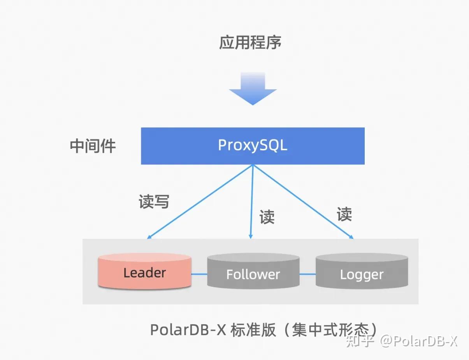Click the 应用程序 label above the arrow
pos(250,42)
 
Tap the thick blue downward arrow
pos(253,89)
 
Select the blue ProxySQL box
pos(253,146)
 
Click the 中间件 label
pos(93,146)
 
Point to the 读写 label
pos(154,201)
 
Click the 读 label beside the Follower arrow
pos(267,217)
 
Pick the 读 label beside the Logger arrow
pos(344,214)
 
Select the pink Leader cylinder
pos(144,272)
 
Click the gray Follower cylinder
pos(253,274)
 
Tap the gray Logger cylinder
pos(362,274)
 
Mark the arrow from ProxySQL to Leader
pos(200,201)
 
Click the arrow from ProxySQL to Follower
pos(252,201)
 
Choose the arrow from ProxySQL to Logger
pos(304,201)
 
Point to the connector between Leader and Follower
pos(199,274)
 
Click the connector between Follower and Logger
pos(307,274)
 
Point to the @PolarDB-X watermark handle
pos(419,342)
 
